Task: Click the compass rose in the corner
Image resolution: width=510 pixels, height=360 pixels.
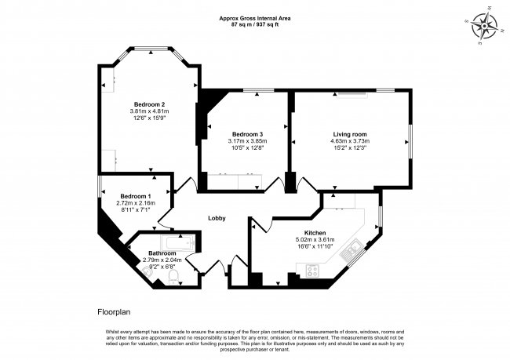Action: click(485, 26)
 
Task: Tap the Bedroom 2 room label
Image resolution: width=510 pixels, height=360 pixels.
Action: click(149, 104)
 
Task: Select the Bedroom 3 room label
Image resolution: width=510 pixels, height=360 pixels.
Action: click(247, 134)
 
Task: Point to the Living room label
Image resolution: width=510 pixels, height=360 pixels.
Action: click(350, 134)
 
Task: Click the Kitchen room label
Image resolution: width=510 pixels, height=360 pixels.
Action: click(315, 233)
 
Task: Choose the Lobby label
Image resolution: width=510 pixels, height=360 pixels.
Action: click(217, 219)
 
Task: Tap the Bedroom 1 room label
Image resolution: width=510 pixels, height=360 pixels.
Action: click(136, 196)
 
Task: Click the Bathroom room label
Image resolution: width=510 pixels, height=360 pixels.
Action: click(162, 253)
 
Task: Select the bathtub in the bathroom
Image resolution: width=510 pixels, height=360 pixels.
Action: click(177, 243)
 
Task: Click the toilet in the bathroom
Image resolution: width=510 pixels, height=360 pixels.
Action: click(173, 277)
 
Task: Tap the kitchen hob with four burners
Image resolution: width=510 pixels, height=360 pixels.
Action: click(313, 271)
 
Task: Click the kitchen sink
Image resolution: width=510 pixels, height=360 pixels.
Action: click(350, 250)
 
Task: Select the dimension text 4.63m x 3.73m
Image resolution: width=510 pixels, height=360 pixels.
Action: click(350, 141)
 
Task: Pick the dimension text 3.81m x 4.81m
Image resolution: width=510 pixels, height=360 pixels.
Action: click(150, 111)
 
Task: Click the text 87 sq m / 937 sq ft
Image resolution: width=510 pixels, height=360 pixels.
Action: click(255, 24)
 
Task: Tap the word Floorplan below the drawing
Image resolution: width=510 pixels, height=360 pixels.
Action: click(114, 312)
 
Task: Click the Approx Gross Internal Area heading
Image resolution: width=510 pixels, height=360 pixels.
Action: click(255, 19)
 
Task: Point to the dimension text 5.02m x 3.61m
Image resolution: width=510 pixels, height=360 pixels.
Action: click(315, 240)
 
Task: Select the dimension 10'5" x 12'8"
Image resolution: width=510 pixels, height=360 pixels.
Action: click(247, 147)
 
